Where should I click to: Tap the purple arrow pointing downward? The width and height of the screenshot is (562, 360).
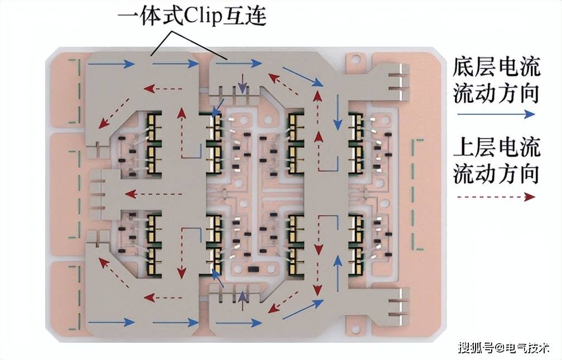[x=241, y=84]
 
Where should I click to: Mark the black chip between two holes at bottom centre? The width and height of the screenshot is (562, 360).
[x=253, y=271]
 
